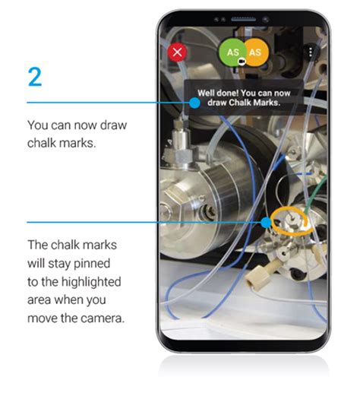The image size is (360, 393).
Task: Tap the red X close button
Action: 178,52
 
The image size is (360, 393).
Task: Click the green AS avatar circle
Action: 232,52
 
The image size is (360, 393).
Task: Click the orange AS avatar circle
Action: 256,52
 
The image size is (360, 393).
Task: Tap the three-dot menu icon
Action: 310,52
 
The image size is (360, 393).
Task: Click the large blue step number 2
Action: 35,76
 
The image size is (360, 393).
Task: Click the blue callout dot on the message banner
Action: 194,102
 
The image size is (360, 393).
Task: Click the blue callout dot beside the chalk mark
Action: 266,223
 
